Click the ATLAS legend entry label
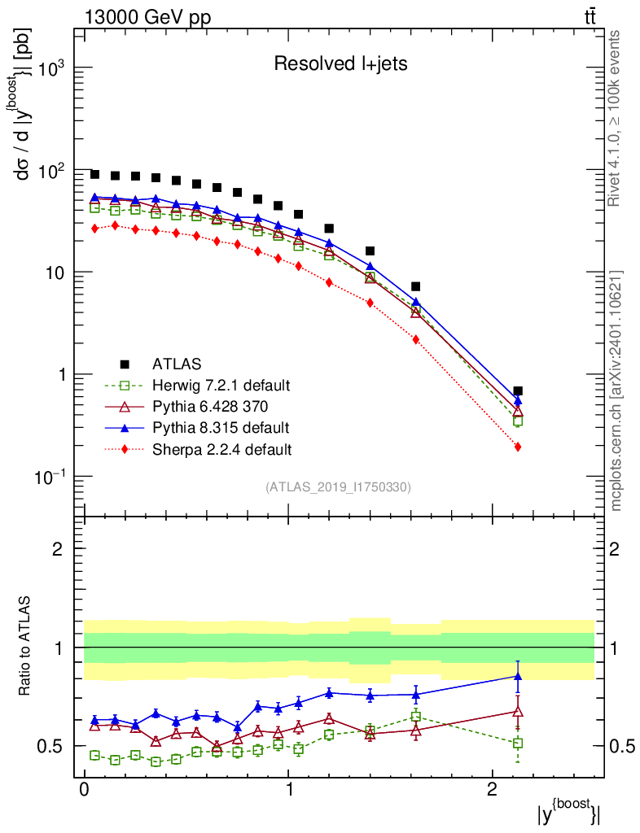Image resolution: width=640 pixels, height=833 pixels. click(x=177, y=364)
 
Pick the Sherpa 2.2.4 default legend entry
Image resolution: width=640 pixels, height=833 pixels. click(x=221, y=448)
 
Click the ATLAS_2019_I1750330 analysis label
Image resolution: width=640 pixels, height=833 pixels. click(x=338, y=487)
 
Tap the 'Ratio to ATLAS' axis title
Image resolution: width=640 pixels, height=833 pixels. click(x=25, y=647)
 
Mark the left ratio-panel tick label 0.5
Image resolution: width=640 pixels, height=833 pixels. click(x=50, y=746)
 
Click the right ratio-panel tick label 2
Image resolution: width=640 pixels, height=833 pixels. click(x=618, y=548)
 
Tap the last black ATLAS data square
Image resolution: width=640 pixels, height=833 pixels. click(x=518, y=391)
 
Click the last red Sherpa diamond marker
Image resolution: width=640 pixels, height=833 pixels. click(x=518, y=447)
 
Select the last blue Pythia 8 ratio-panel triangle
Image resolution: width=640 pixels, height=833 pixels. click(x=518, y=676)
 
